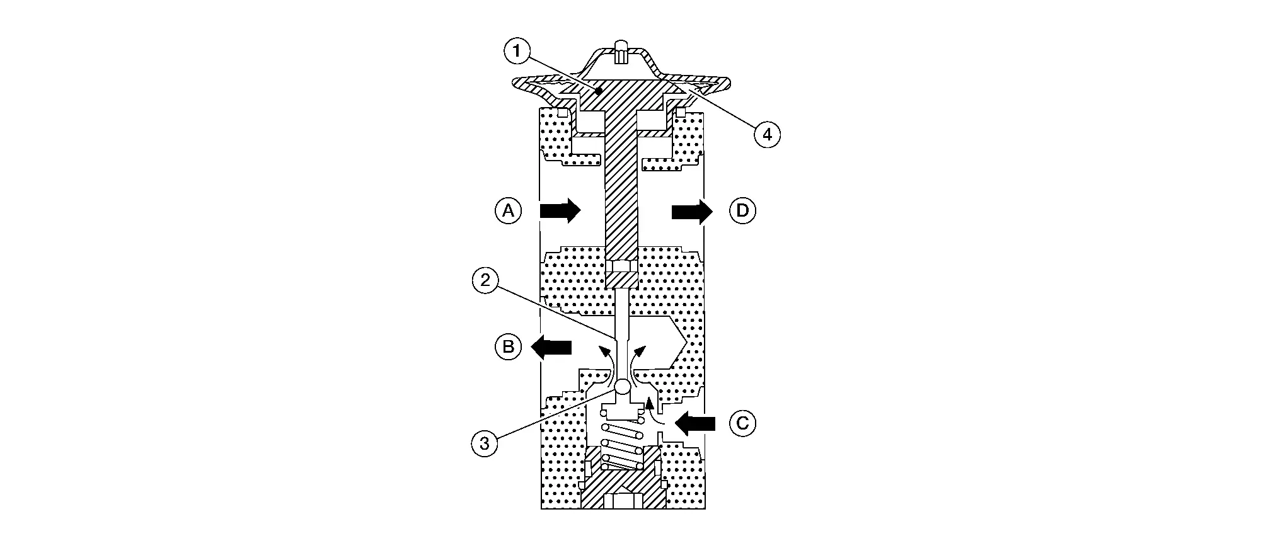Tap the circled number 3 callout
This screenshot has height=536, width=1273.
484,443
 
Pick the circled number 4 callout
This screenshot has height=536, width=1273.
766,134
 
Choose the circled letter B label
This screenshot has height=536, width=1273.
508,346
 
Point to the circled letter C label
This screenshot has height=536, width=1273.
742,423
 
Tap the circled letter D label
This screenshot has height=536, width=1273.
742,210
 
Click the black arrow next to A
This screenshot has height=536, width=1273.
560,210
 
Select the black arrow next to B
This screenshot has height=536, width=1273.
551,346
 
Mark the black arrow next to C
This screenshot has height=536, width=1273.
696,423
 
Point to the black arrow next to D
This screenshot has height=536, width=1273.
691,210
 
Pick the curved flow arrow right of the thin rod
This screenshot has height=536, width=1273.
640,367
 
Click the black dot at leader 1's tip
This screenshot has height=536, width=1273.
599,91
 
